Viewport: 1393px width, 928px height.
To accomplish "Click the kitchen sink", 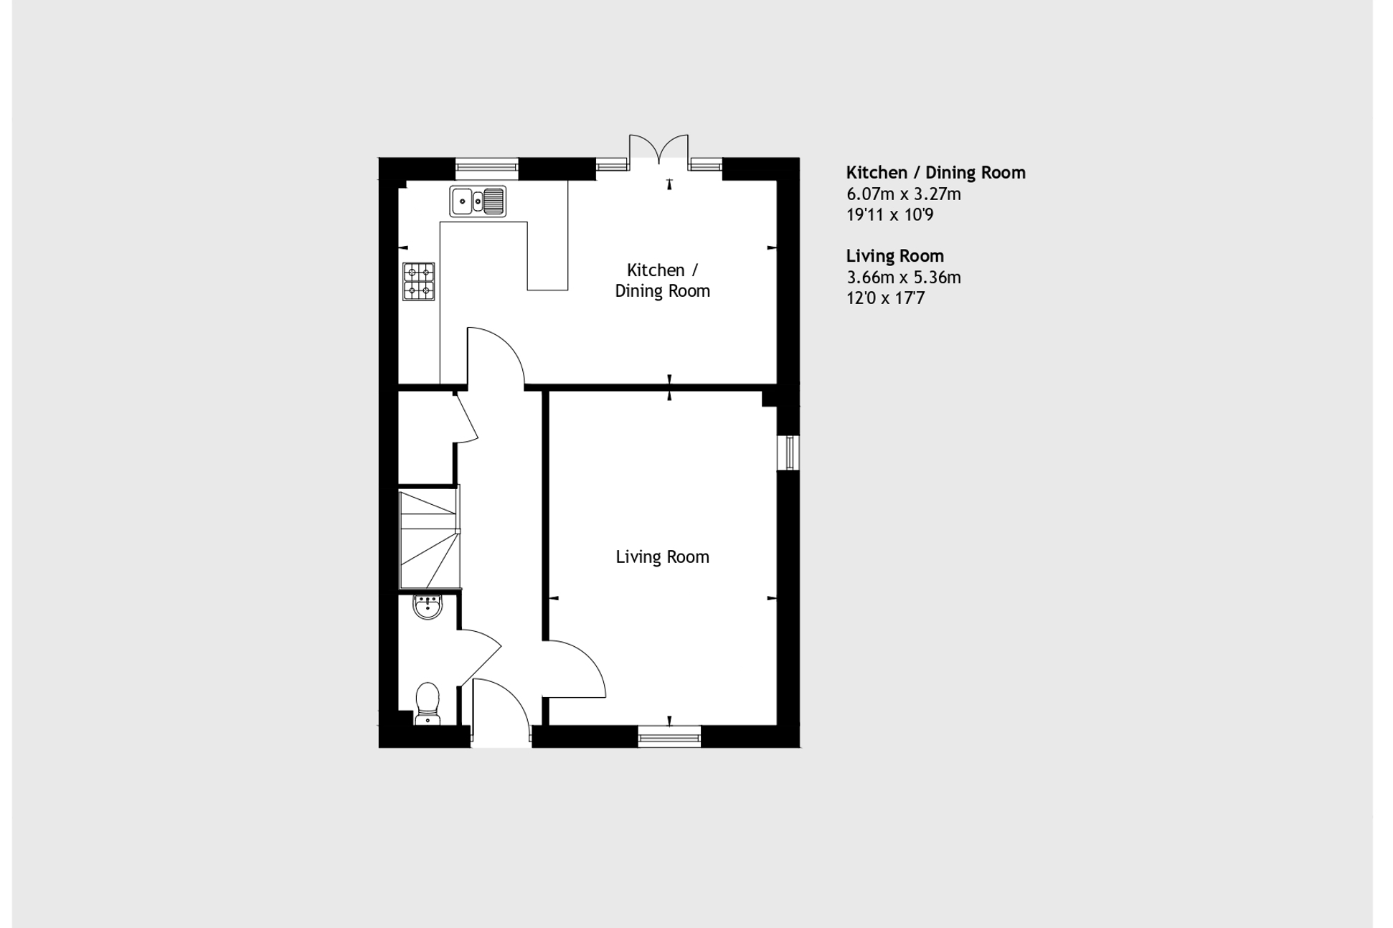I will [x=478, y=201].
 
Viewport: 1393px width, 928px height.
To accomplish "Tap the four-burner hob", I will [x=418, y=281].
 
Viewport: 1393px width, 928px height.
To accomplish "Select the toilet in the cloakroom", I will [x=428, y=701].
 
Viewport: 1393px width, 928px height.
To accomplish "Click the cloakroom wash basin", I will [x=428, y=607].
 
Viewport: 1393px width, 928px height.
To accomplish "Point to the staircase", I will [x=429, y=538].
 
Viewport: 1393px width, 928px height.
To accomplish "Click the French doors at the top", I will [x=658, y=148].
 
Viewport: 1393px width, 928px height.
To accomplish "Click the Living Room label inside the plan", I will [x=662, y=557].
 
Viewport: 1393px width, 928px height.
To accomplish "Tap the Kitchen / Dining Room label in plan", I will [x=662, y=280].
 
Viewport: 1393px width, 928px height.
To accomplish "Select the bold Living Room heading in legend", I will [x=894, y=256].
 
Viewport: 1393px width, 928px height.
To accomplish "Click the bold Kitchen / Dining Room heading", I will [x=935, y=173].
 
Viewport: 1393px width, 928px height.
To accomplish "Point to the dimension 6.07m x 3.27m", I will [x=903, y=194].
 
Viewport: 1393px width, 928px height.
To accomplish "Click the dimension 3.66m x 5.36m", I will [x=903, y=278].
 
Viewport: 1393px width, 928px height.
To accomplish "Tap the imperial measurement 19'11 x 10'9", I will [x=889, y=215].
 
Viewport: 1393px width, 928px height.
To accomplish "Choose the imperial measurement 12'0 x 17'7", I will [x=885, y=298].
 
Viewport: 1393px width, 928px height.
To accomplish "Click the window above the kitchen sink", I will [x=486, y=168].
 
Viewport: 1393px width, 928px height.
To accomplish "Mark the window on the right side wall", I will [x=788, y=453].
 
